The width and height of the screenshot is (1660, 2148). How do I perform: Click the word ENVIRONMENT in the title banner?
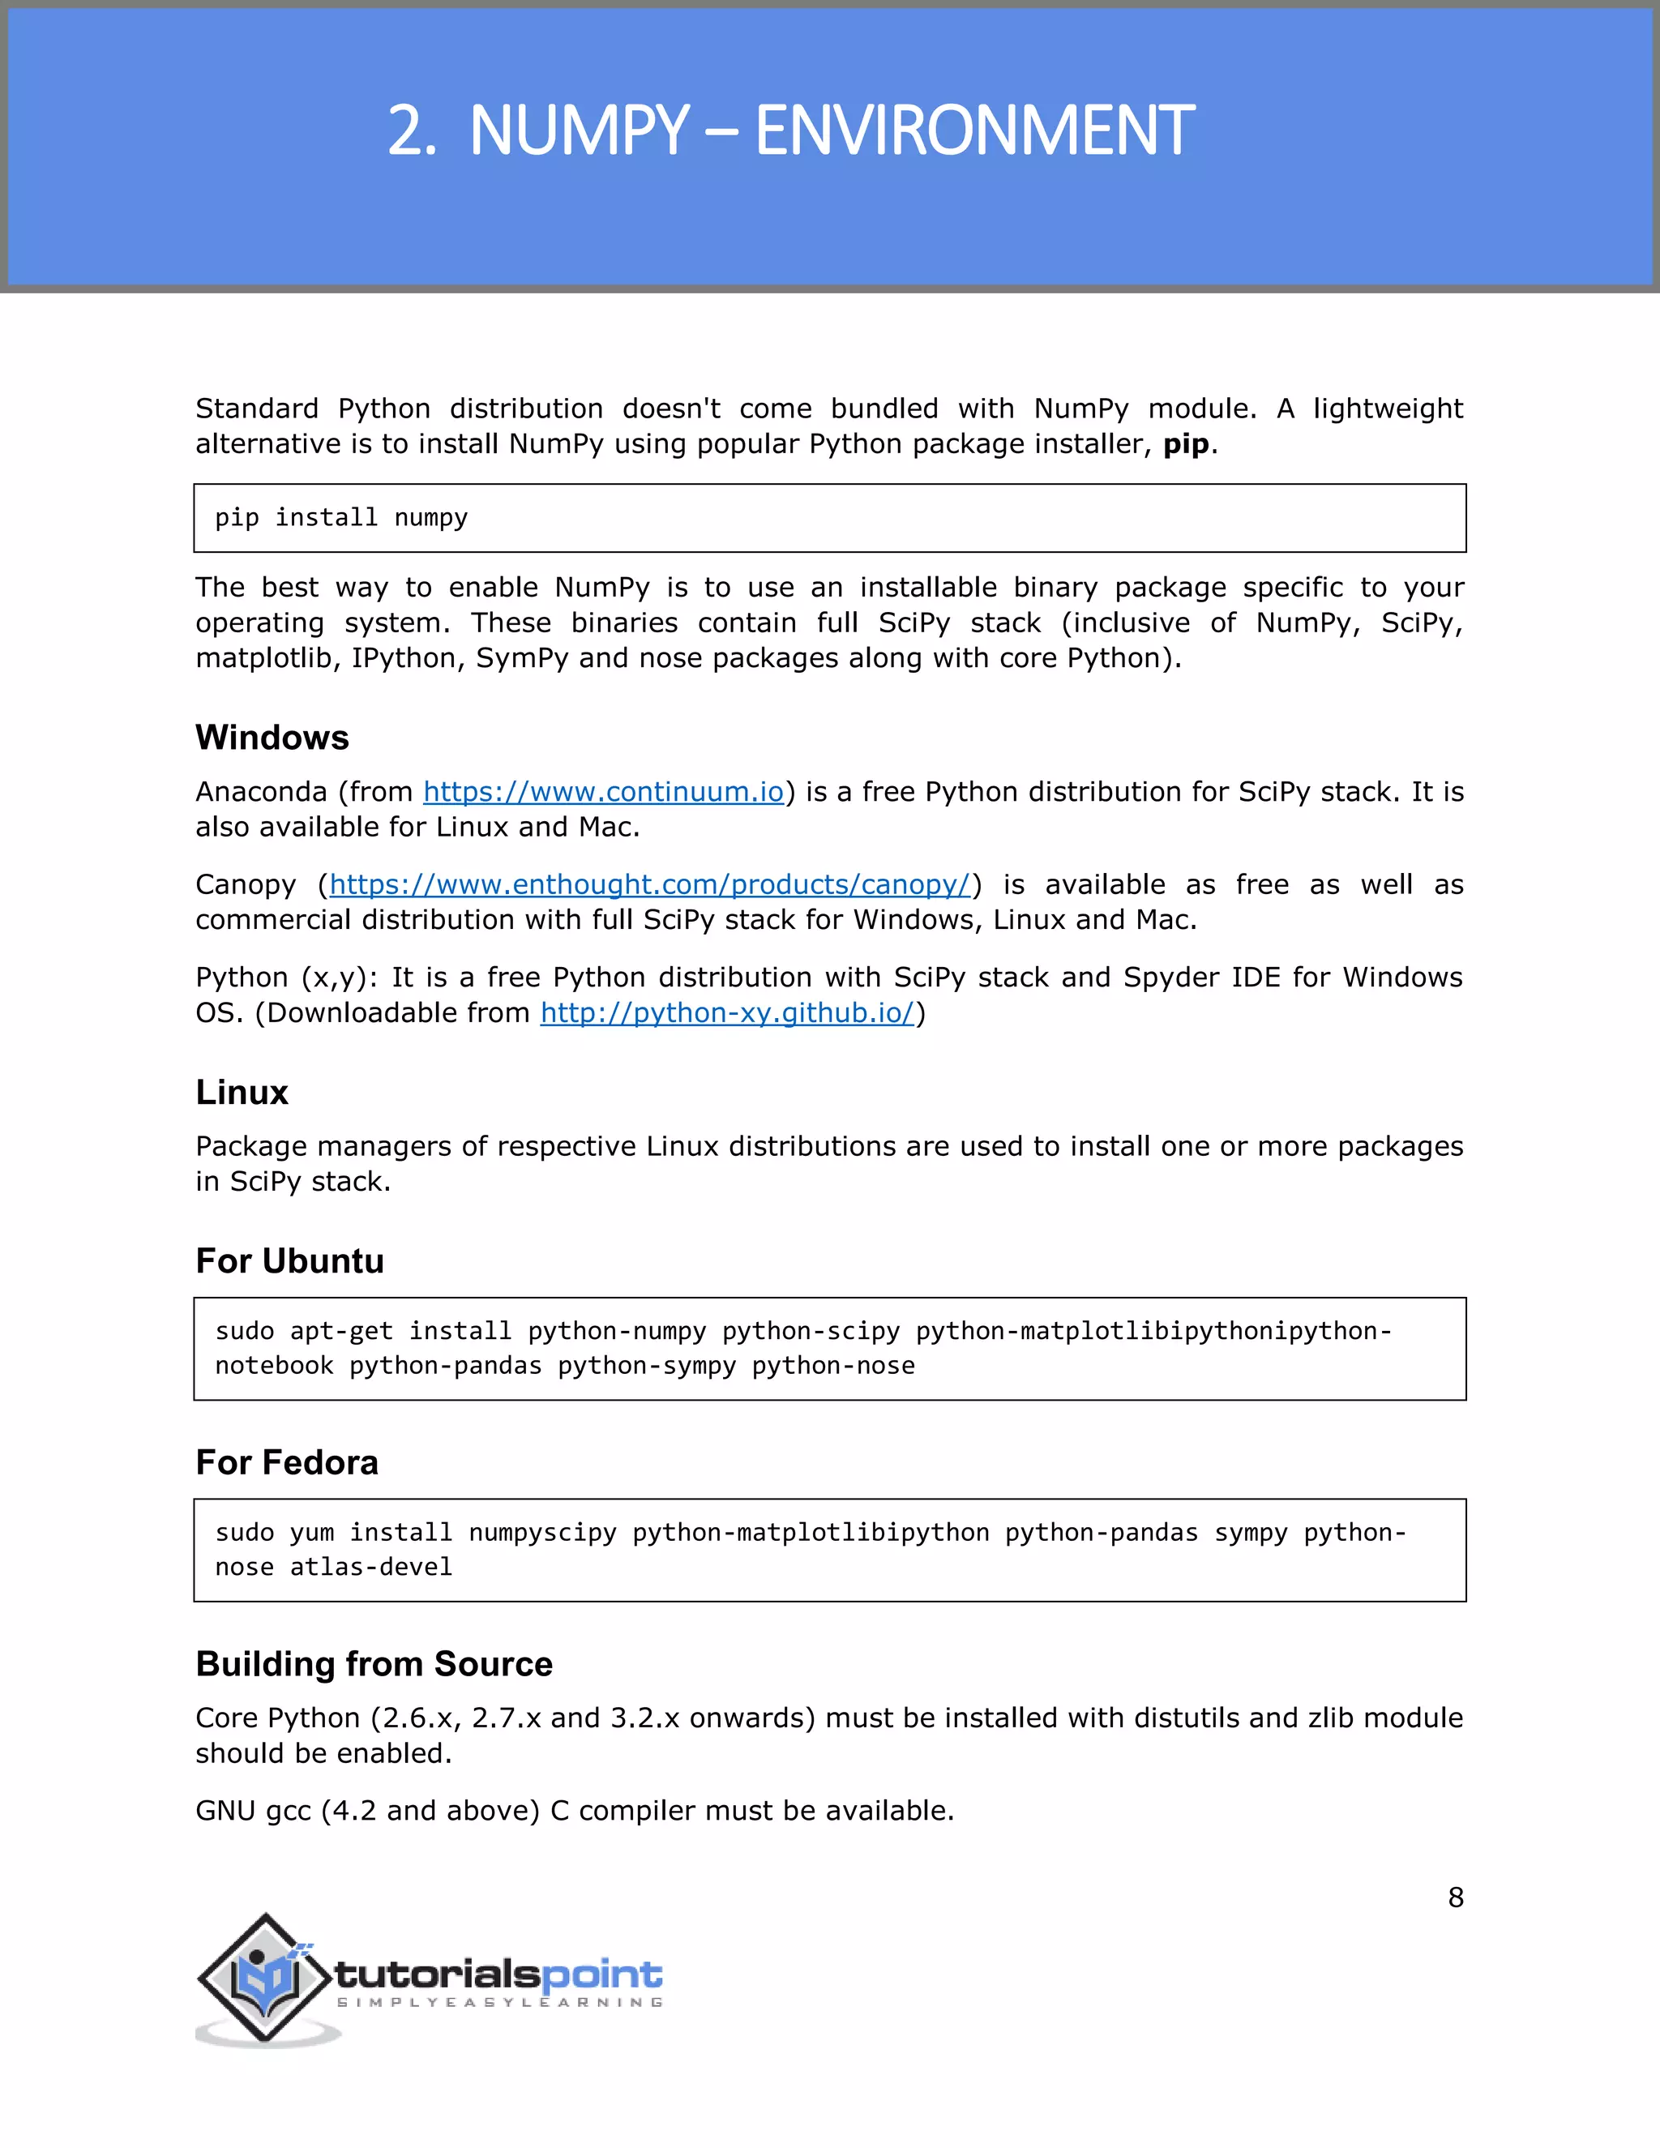(x=973, y=131)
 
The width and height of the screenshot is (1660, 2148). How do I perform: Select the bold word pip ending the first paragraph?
(x=1185, y=444)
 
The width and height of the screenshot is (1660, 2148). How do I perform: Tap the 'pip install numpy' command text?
(x=341, y=518)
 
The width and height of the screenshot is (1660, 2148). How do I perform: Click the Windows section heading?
(x=272, y=738)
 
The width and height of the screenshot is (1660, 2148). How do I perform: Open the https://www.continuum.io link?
(x=603, y=792)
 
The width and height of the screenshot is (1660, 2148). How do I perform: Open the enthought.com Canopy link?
(x=650, y=885)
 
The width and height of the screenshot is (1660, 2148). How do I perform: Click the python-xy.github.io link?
(x=728, y=1013)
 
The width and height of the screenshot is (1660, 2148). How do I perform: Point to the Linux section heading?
(x=241, y=1093)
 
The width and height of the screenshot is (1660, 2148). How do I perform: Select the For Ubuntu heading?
(x=289, y=1262)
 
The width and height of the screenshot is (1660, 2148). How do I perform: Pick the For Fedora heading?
(x=286, y=1462)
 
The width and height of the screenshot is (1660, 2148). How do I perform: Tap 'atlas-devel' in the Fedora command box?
(x=370, y=1568)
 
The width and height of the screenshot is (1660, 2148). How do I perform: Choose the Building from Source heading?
(x=374, y=1664)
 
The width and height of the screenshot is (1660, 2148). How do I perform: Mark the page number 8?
(x=1456, y=1898)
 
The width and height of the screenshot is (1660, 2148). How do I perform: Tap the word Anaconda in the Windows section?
(x=261, y=792)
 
